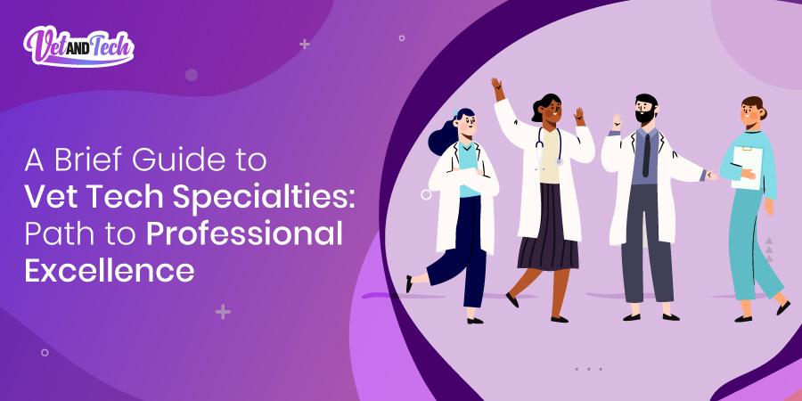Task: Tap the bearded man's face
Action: [x=646, y=110]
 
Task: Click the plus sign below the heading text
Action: [x=223, y=312]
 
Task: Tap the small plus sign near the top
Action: [x=305, y=43]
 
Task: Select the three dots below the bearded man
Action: [x=588, y=368]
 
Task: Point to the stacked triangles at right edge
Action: [x=768, y=250]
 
